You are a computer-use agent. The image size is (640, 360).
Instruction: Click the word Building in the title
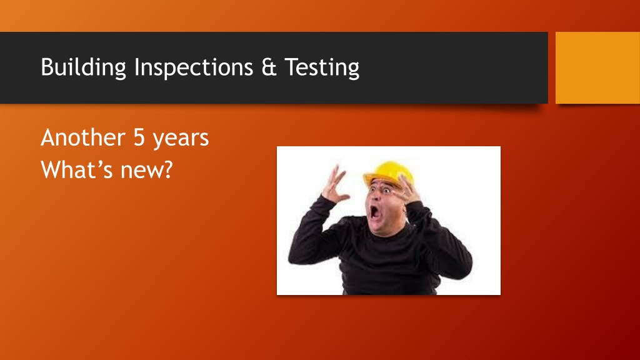(x=83, y=67)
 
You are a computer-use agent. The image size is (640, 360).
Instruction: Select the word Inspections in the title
(x=194, y=67)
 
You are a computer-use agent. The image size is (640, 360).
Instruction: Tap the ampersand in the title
(x=269, y=67)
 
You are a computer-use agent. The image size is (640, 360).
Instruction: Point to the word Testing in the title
(x=322, y=67)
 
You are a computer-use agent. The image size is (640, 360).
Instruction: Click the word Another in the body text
(x=83, y=137)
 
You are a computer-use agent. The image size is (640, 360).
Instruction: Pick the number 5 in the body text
(x=139, y=138)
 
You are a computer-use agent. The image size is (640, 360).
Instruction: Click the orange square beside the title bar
(x=597, y=67)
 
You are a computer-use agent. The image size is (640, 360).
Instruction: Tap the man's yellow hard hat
(x=388, y=174)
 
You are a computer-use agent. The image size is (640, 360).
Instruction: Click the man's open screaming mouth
(x=374, y=212)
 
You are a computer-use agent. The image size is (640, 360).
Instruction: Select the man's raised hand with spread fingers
(x=336, y=184)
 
